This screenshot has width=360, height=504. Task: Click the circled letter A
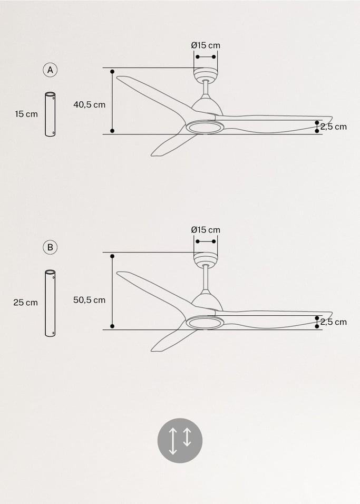[x=50, y=70]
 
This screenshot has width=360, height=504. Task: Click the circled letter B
[x=50, y=247]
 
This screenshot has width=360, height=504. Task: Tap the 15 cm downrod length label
[x=26, y=114]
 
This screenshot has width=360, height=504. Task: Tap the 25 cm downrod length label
[x=25, y=303]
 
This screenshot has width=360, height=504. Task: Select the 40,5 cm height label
[x=89, y=104]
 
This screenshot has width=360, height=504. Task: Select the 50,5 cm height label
[x=89, y=300]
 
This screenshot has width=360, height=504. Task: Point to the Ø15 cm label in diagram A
[x=206, y=45]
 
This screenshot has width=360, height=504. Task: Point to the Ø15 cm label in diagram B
[x=206, y=230]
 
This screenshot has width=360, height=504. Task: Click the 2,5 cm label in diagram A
[x=334, y=127]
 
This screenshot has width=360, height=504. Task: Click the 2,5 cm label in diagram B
[x=334, y=322]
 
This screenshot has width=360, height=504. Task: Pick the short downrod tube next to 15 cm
[x=50, y=114]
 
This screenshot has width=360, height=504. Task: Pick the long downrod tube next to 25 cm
[x=50, y=303]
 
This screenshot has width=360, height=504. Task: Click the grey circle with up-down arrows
[x=180, y=440]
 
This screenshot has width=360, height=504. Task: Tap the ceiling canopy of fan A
[x=206, y=74]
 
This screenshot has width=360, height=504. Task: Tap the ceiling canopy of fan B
[x=206, y=259]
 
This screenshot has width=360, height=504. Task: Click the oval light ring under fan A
[x=205, y=127]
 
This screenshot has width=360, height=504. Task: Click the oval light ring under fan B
[x=205, y=323]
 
